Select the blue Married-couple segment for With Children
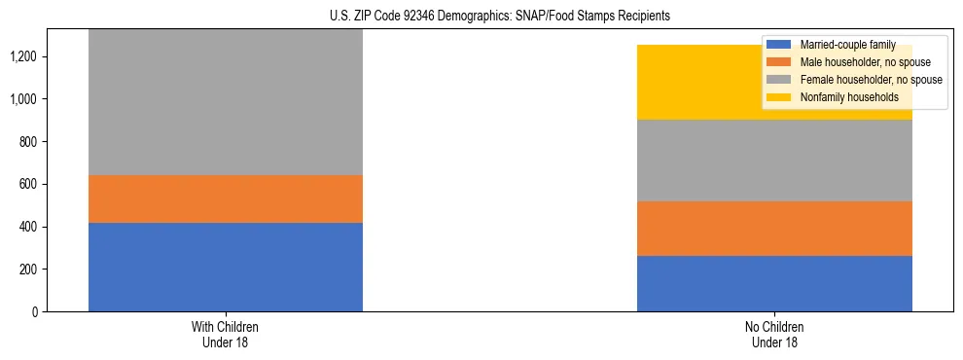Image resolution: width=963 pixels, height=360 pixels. tap(226, 267)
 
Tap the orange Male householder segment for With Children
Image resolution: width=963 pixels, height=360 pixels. tap(226, 198)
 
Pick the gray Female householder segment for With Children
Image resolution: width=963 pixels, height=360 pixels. tap(226, 102)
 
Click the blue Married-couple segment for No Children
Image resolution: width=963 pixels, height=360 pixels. tap(774, 283)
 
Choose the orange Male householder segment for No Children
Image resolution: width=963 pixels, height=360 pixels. tap(774, 229)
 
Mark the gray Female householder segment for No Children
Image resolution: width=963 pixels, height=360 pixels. tap(774, 161)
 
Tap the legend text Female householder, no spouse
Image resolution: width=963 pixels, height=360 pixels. tap(870, 80)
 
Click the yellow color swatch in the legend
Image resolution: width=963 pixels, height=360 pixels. tap(779, 97)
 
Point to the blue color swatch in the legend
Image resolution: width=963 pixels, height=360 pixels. tap(779, 45)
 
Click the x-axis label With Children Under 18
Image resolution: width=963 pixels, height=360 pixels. tap(226, 334)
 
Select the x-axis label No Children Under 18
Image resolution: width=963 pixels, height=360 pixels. tap(774, 334)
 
